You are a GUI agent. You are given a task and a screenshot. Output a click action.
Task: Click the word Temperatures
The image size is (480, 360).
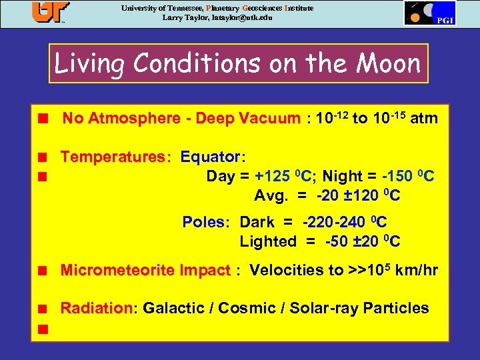click(115, 157)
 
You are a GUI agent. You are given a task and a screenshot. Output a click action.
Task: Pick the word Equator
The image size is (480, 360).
click(211, 157)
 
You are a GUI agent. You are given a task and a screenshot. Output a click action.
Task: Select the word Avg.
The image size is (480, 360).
click(270, 196)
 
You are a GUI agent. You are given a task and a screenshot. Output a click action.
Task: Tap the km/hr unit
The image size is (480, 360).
click(417, 271)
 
